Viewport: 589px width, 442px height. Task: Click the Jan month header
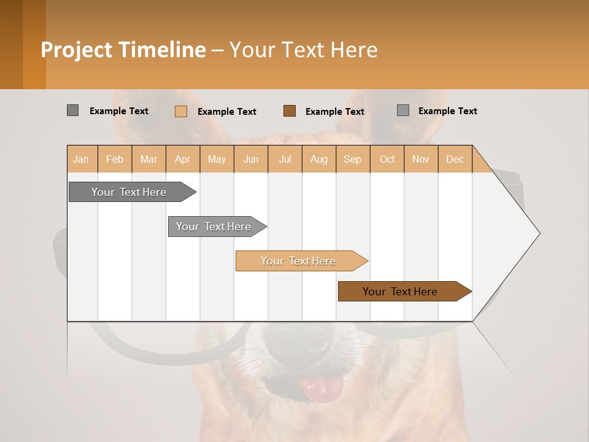click(x=81, y=159)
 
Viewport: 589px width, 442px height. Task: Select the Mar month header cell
click(x=148, y=159)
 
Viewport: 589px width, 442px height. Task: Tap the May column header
click(x=217, y=159)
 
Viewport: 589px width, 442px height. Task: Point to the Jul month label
click(x=285, y=159)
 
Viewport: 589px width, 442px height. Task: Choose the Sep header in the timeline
click(x=352, y=159)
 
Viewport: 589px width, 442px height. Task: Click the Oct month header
click(x=387, y=159)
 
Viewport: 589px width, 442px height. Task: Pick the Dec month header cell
click(x=455, y=159)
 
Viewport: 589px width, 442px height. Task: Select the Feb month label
click(x=115, y=159)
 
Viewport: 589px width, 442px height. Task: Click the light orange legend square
click(x=180, y=111)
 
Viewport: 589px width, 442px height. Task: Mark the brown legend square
click(x=290, y=110)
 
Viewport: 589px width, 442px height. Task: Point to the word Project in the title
click(x=77, y=50)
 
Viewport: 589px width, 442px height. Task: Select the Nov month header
click(x=420, y=159)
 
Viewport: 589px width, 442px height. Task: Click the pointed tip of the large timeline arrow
click(x=539, y=233)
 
